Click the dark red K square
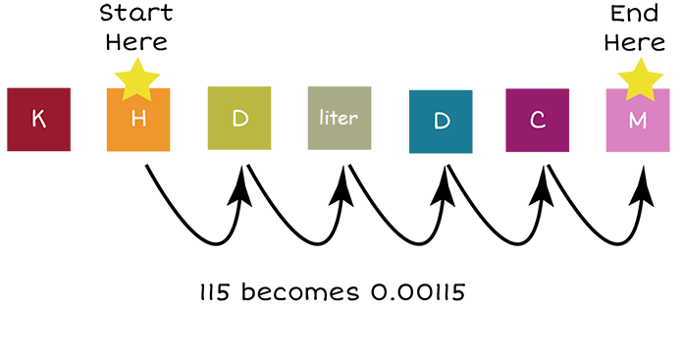click(x=38, y=120)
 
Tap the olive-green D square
click(x=239, y=119)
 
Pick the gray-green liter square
click(x=340, y=119)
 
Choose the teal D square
click(x=441, y=122)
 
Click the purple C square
click(x=538, y=120)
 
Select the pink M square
click(x=638, y=121)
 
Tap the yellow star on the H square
click(x=138, y=80)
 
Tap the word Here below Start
click(x=137, y=41)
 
